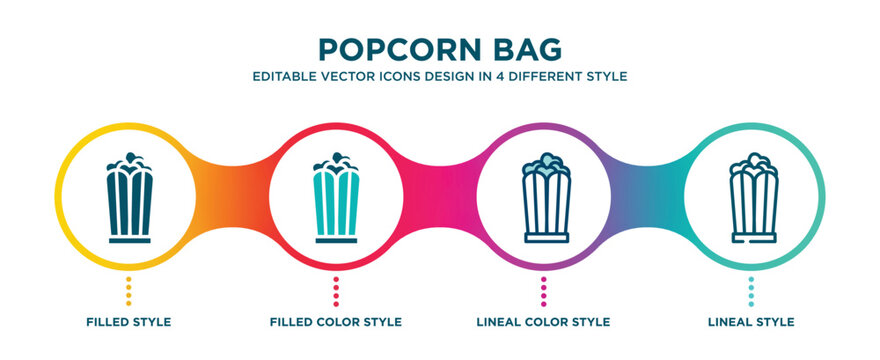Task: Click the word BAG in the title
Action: [525, 49]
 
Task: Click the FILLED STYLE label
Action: [128, 322]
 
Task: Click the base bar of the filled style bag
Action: [127, 241]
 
